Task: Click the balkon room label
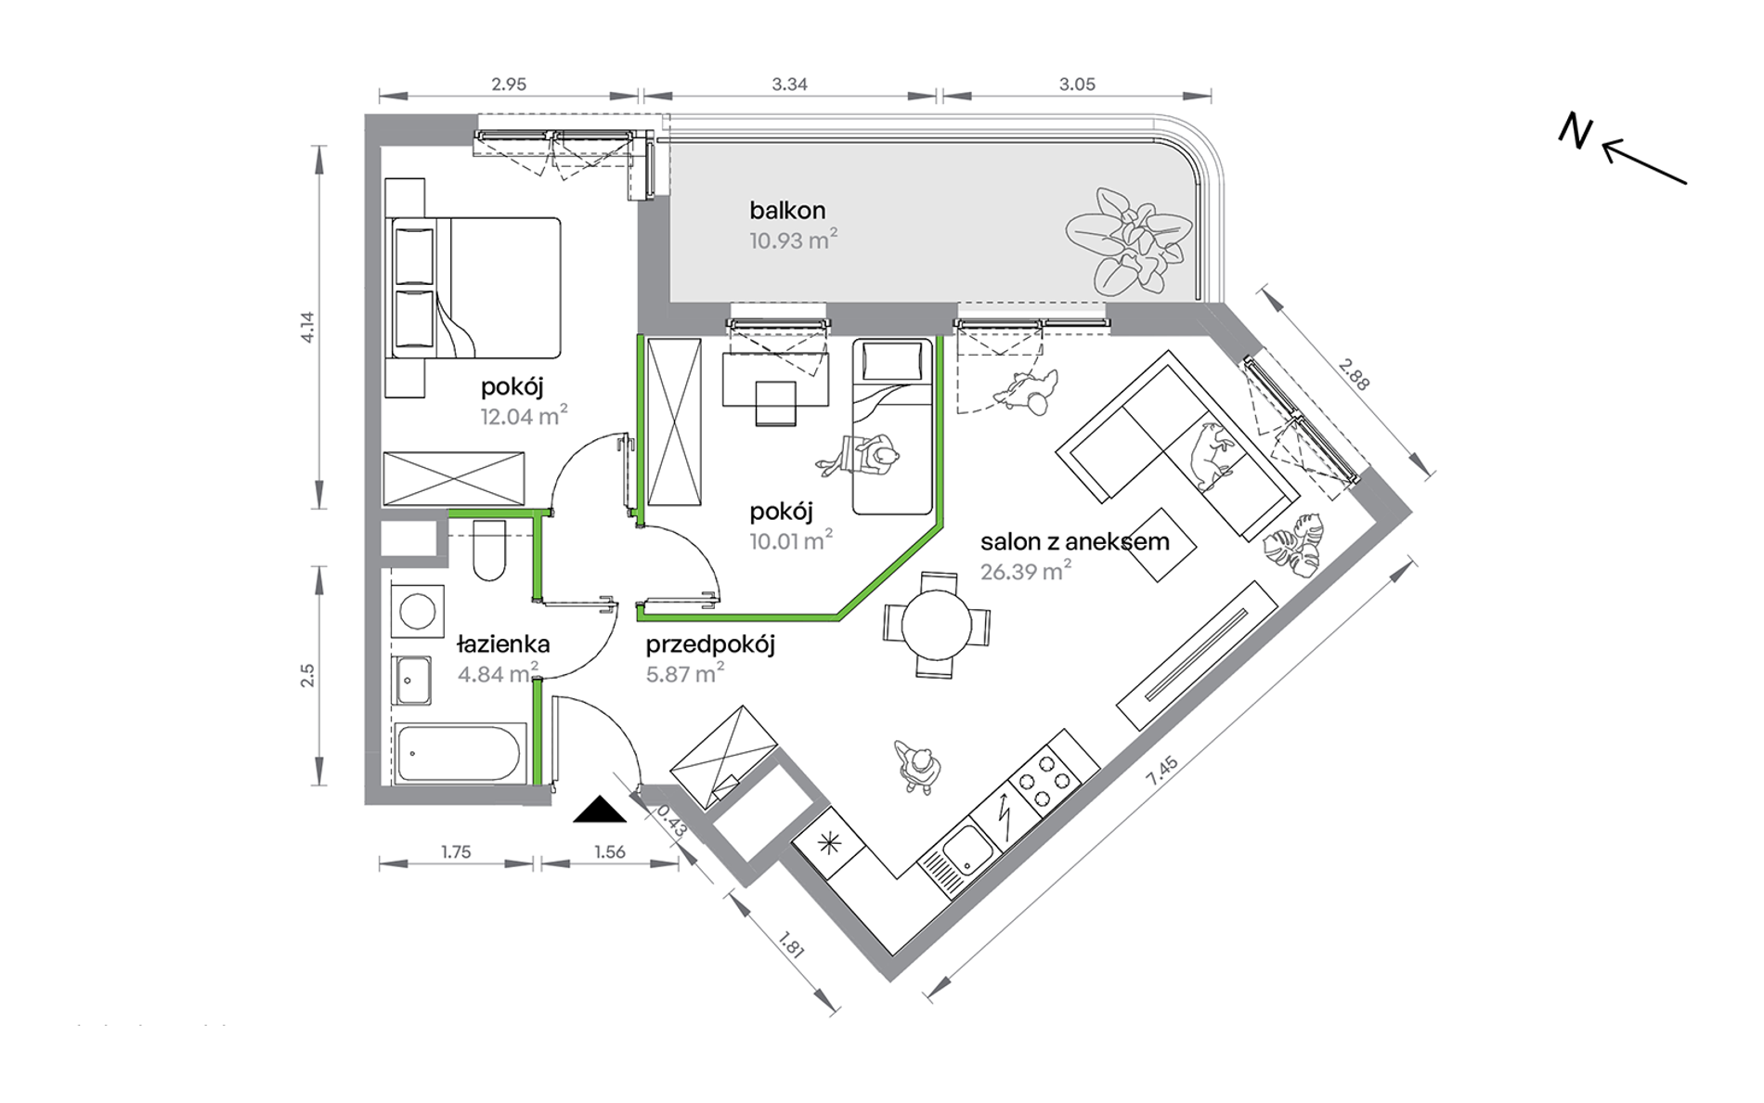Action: (x=787, y=211)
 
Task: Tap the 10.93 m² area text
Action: (x=793, y=240)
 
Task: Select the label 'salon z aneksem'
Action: (x=1074, y=541)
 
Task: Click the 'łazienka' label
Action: (x=503, y=643)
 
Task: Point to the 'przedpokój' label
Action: (x=710, y=645)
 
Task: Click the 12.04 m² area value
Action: (x=524, y=416)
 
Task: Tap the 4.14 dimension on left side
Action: (x=308, y=327)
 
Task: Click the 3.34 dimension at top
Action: (x=789, y=84)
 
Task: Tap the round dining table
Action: (x=937, y=626)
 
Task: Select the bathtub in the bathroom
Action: (x=459, y=753)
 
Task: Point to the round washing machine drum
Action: (x=417, y=611)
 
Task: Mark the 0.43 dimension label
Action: (x=670, y=821)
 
